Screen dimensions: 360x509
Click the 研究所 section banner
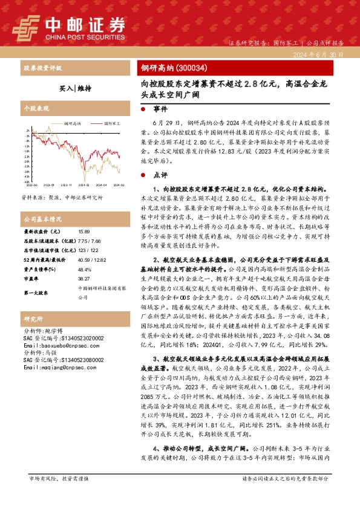click(33, 319)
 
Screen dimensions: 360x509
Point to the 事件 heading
click(160, 111)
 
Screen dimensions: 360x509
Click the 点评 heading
click(160, 175)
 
